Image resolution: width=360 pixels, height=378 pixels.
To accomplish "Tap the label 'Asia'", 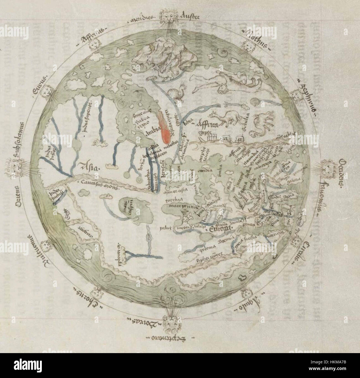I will (x=89, y=167).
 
